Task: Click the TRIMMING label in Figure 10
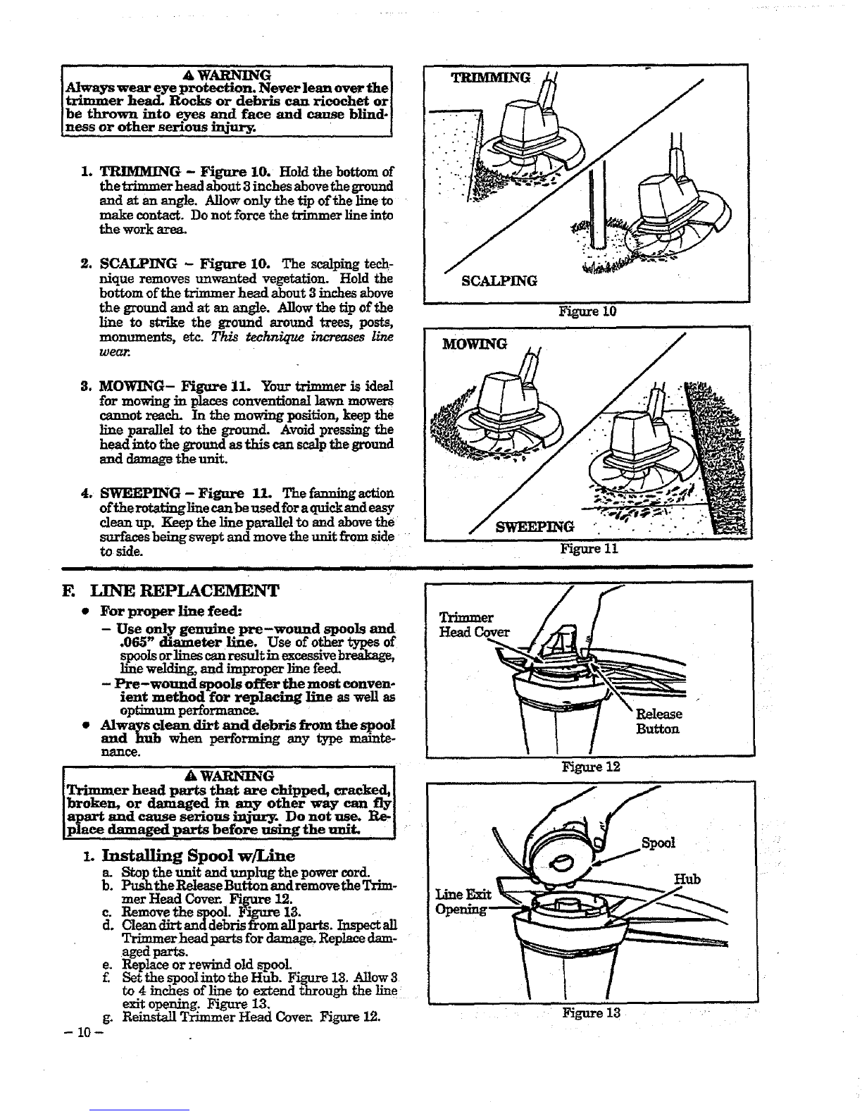tap(490, 78)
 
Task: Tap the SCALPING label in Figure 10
tap(499, 281)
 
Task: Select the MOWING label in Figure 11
tap(475, 344)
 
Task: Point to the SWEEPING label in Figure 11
tap(535, 527)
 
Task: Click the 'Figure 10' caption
tap(587, 311)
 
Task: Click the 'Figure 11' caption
tap(589, 549)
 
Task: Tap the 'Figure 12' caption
tap(591, 767)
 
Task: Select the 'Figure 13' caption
tap(592, 1012)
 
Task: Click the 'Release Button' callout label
tap(658, 721)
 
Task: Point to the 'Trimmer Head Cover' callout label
tap(474, 624)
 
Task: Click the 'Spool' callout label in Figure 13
tap(658, 843)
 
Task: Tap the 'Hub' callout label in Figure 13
tap(687, 879)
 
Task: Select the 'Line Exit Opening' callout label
tap(463, 902)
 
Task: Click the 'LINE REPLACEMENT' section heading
tap(185, 590)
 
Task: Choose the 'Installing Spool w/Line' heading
tap(198, 855)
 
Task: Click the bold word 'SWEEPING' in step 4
tap(139, 494)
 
